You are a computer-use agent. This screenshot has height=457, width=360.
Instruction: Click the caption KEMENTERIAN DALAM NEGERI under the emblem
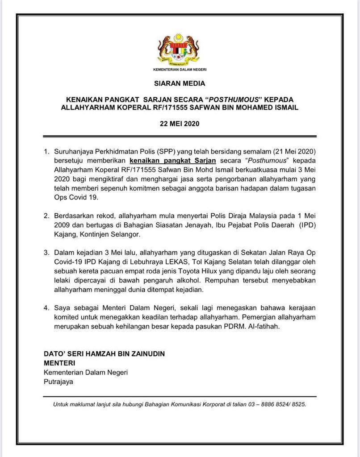point(180,70)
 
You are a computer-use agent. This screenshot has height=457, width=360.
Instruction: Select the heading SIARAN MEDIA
point(180,83)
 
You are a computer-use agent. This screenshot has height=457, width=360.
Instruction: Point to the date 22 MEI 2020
point(180,124)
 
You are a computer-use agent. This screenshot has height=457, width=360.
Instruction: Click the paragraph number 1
point(46,152)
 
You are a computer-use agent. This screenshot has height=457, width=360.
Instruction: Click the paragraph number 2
point(46,216)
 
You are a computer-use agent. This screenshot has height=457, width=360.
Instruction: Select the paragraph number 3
point(46,252)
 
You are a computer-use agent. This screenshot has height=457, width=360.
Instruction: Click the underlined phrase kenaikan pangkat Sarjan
point(166,161)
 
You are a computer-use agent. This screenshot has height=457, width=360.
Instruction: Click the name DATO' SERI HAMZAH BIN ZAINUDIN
point(104,353)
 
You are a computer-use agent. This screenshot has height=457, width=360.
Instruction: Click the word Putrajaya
point(58,382)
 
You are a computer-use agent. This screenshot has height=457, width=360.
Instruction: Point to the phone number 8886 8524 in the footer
point(263,405)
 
